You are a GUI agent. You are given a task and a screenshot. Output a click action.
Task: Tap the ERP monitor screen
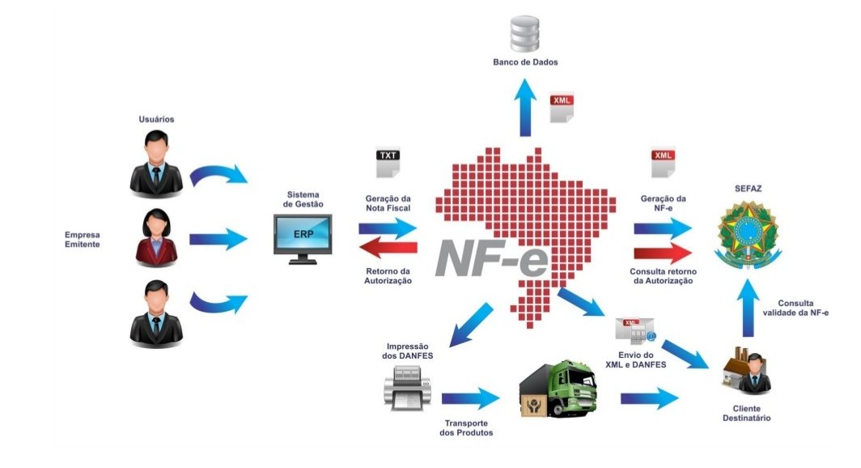pos(302,236)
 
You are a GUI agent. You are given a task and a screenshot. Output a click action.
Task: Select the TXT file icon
pos(388,163)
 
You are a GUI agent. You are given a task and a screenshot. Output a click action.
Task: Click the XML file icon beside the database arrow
pos(562,108)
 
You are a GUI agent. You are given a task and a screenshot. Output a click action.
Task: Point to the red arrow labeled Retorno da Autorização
pos(389,250)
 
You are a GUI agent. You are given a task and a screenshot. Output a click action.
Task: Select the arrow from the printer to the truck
pos(470,398)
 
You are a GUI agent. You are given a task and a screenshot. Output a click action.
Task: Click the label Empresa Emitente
pos(83,239)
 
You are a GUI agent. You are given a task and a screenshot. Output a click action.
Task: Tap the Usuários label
pos(156,119)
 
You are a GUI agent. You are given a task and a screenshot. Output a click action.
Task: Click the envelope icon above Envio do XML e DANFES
pos(634,330)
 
